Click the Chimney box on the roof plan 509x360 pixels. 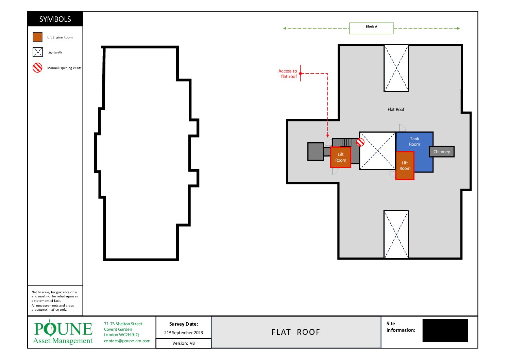click(442, 152)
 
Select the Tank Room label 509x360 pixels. click(414, 142)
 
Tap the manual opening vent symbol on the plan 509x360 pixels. click(360, 142)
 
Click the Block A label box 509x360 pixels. click(371, 28)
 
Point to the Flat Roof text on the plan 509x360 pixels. click(396, 109)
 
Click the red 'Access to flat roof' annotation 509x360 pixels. click(288, 74)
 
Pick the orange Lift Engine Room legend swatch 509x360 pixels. click(37, 37)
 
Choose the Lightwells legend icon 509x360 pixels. click(37, 52)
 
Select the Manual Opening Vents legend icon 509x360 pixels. click(37, 68)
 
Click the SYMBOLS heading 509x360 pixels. click(55, 19)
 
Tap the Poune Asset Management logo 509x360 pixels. click(63, 332)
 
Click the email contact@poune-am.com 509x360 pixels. click(127, 341)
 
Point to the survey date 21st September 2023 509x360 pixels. click(183, 332)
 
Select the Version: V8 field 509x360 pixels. click(183, 343)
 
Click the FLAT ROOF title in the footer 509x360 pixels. click(295, 332)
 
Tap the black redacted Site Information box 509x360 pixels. click(445, 330)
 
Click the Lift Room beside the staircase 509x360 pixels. click(341, 157)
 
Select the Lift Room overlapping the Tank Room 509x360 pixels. click(405, 166)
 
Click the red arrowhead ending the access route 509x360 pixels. click(327, 136)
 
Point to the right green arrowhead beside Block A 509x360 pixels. click(458, 29)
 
